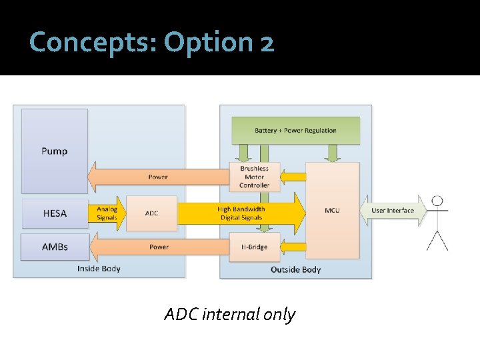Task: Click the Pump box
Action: coord(54,151)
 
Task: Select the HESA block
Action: coord(54,213)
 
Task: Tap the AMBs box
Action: coord(54,247)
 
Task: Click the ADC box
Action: coord(152,213)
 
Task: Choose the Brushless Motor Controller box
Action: coord(254,177)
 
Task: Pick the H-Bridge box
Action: coord(254,247)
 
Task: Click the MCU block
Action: coord(332,211)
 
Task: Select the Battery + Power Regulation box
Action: coord(295,130)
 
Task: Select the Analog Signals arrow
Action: coord(107,213)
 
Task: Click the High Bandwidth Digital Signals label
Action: coord(241,213)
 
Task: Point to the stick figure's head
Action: coord(437,201)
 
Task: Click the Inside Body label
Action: coord(98,269)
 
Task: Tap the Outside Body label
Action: coord(295,269)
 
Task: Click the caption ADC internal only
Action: coord(229,314)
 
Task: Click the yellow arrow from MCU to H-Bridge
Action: coord(293,247)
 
